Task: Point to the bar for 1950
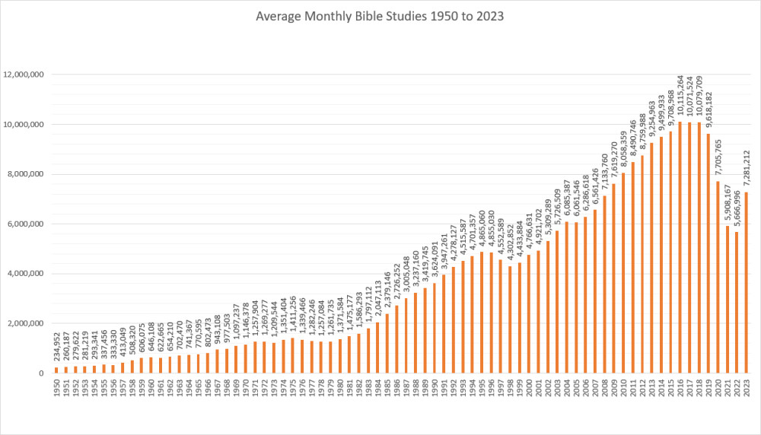[56, 370]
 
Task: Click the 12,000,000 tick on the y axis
[24, 75]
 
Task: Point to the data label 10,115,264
[681, 99]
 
